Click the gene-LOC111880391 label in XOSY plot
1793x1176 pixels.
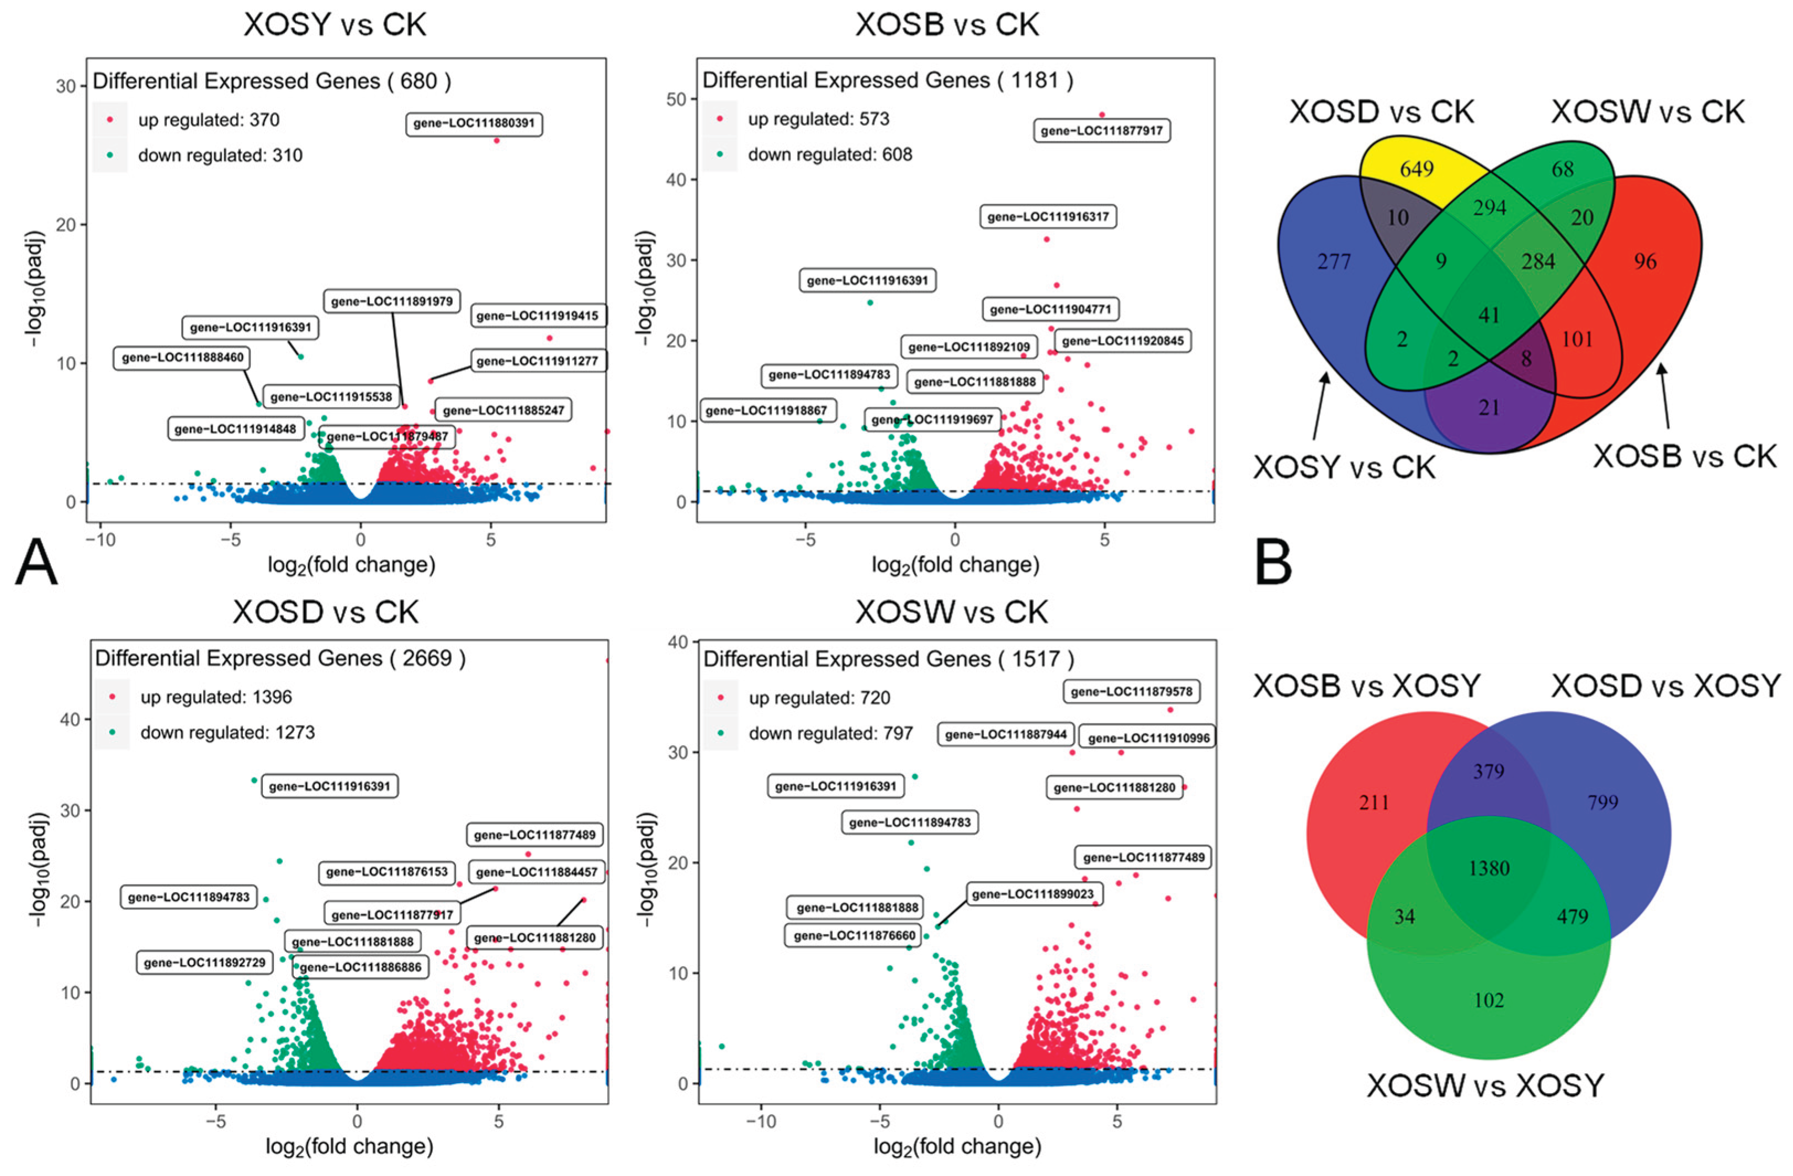coord(474,124)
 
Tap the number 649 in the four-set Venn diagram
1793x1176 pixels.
coord(1417,169)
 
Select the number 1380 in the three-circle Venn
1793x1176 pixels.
coord(1489,868)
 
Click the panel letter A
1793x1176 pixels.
coord(36,564)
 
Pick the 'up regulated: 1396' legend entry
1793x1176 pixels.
coord(215,697)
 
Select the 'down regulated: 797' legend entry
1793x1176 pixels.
coord(830,733)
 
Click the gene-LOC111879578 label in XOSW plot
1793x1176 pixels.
coord(1132,692)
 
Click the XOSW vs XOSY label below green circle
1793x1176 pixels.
coord(1485,1085)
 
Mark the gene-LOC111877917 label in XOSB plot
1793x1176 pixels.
coord(1101,131)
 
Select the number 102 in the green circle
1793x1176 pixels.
coord(1489,1000)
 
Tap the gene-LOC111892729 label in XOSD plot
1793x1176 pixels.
coord(204,963)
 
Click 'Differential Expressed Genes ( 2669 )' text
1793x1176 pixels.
coord(280,659)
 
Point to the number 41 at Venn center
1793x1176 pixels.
coord(1489,315)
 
